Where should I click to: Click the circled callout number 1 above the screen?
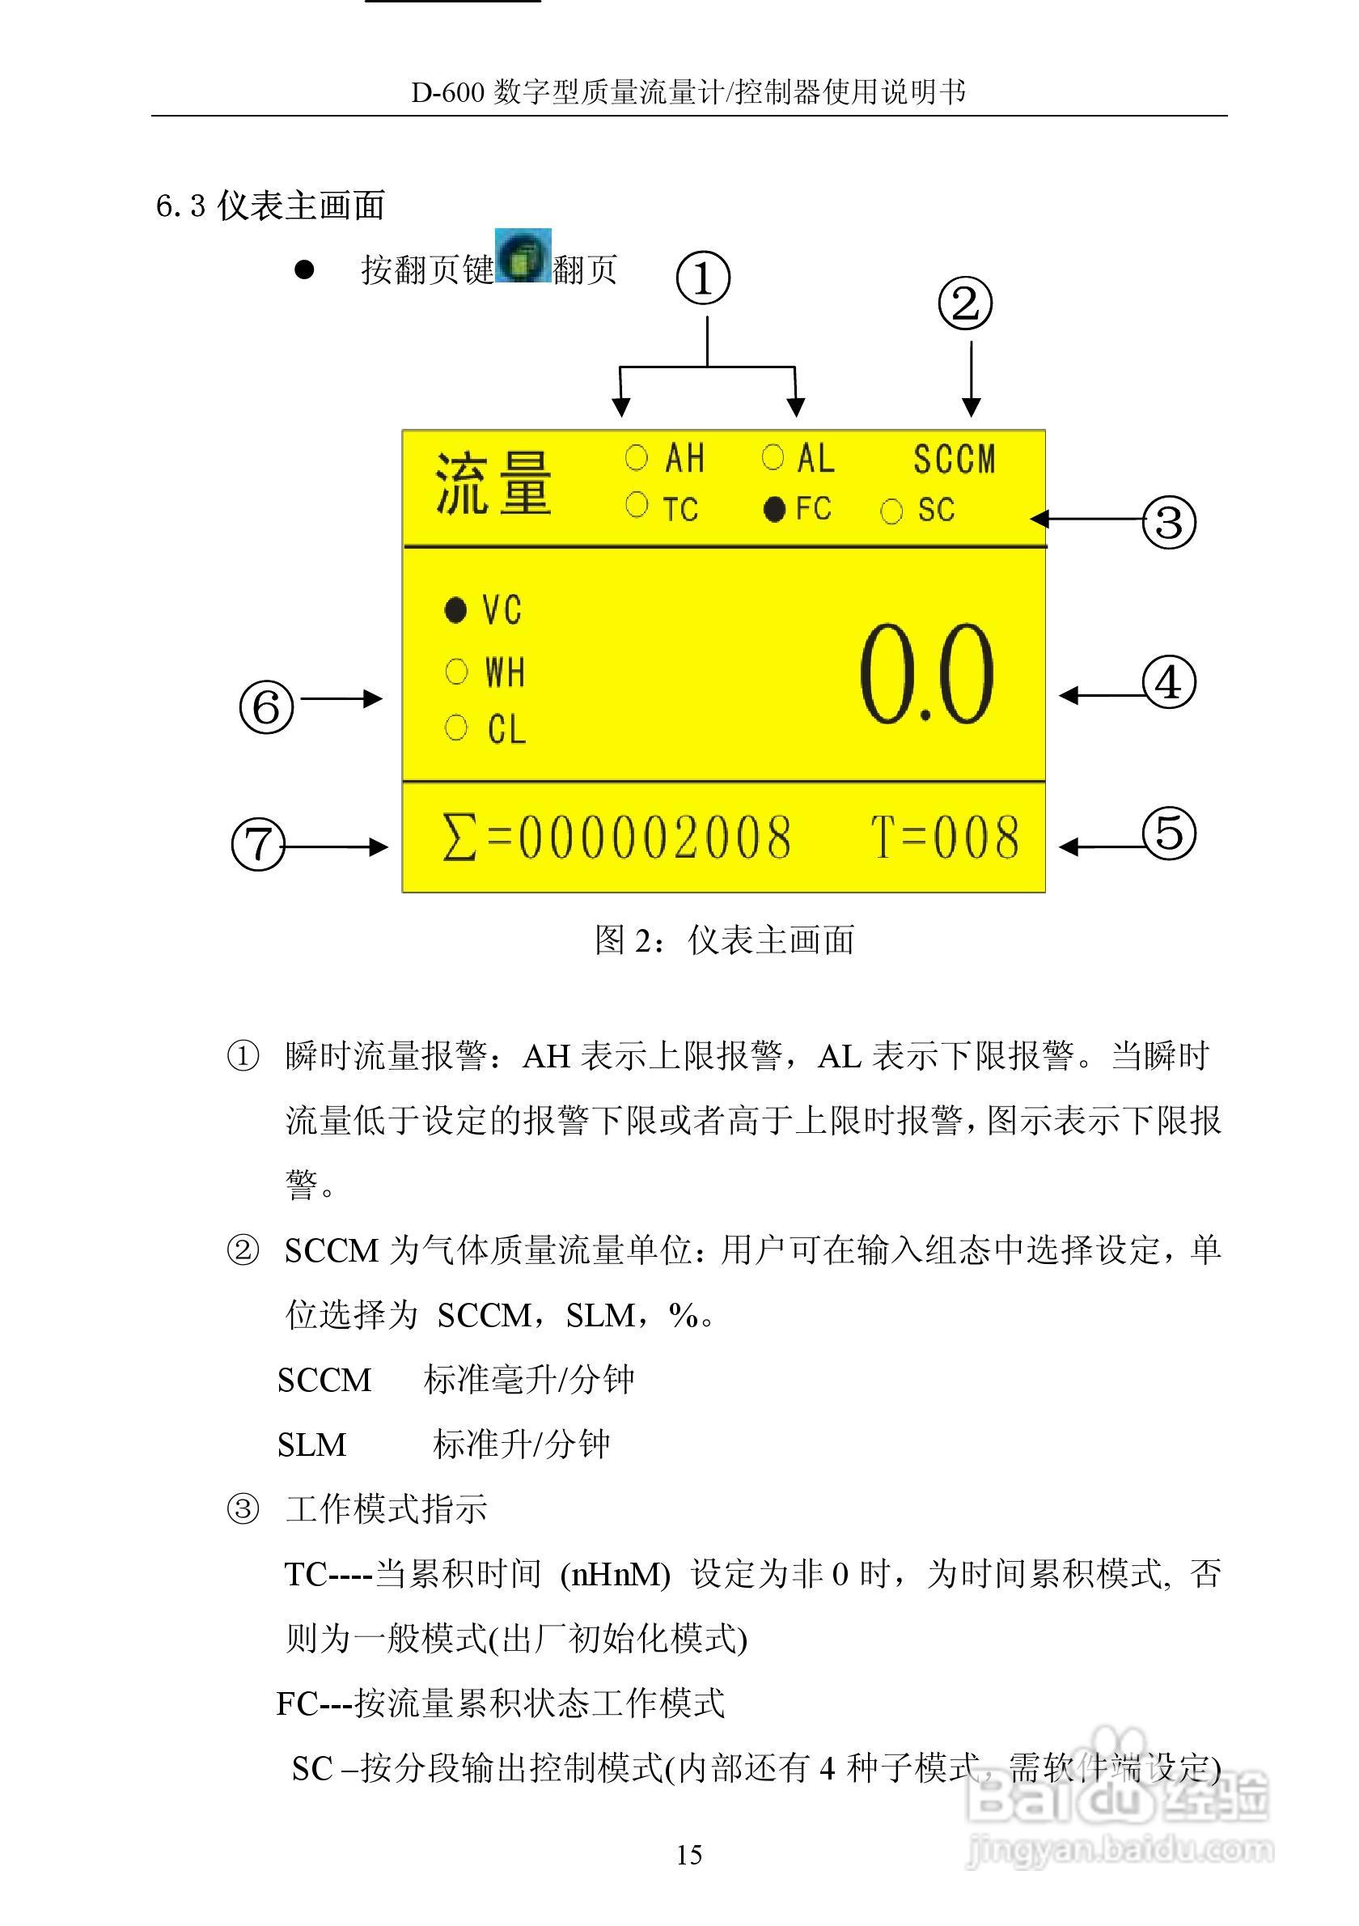703,278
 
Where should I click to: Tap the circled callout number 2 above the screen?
965,303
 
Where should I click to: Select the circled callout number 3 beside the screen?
1169,522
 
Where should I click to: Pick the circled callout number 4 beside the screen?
1169,682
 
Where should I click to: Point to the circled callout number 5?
1169,833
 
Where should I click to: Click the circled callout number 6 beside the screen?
267,706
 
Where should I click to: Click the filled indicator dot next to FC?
775,508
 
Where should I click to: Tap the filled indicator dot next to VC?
455,610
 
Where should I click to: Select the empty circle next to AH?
637,457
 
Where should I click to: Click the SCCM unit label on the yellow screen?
954,460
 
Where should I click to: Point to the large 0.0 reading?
926,675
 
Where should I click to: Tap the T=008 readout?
945,838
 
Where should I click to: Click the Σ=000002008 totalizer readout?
616,838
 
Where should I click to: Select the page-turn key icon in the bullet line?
523,255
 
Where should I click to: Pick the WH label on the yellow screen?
505,672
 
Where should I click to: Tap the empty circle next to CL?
456,728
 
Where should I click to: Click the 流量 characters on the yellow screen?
493,483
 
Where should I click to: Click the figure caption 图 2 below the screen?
724,940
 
